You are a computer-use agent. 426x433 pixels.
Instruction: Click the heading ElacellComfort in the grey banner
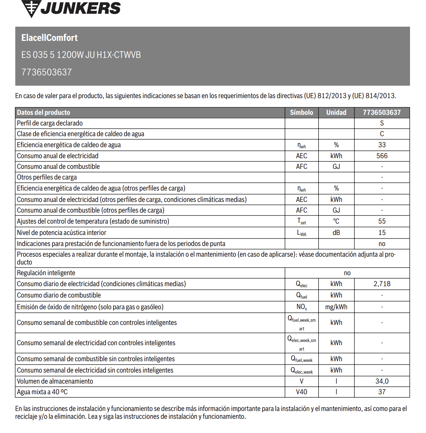[x=49, y=38]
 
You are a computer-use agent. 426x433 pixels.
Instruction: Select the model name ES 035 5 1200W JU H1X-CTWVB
[x=81, y=55]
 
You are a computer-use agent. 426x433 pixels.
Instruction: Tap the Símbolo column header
[x=302, y=112]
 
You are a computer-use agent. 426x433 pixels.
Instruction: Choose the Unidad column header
[x=336, y=112]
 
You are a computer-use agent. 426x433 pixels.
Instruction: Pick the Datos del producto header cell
[x=43, y=112]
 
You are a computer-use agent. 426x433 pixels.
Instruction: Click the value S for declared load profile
[x=382, y=123]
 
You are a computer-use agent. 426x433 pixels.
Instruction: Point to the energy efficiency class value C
[x=382, y=134]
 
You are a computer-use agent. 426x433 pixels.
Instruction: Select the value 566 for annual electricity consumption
[x=382, y=156]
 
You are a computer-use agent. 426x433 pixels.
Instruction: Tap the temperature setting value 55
[x=382, y=221]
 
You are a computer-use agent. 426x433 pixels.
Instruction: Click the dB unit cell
[x=336, y=232]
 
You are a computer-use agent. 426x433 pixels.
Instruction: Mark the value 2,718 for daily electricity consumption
[x=382, y=284]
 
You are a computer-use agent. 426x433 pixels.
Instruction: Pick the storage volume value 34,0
[x=382, y=381]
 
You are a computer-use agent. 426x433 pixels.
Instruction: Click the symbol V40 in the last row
[x=302, y=392]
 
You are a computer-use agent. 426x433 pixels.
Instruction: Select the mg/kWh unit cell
[x=336, y=307]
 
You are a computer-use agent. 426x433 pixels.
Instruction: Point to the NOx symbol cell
[x=302, y=307]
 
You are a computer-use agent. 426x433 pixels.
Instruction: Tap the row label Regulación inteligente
[x=46, y=273]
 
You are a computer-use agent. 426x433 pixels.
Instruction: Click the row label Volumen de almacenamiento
[x=55, y=381]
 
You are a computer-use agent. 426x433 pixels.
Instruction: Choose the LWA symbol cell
[x=302, y=233]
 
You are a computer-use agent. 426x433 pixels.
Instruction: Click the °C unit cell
[x=336, y=221]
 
